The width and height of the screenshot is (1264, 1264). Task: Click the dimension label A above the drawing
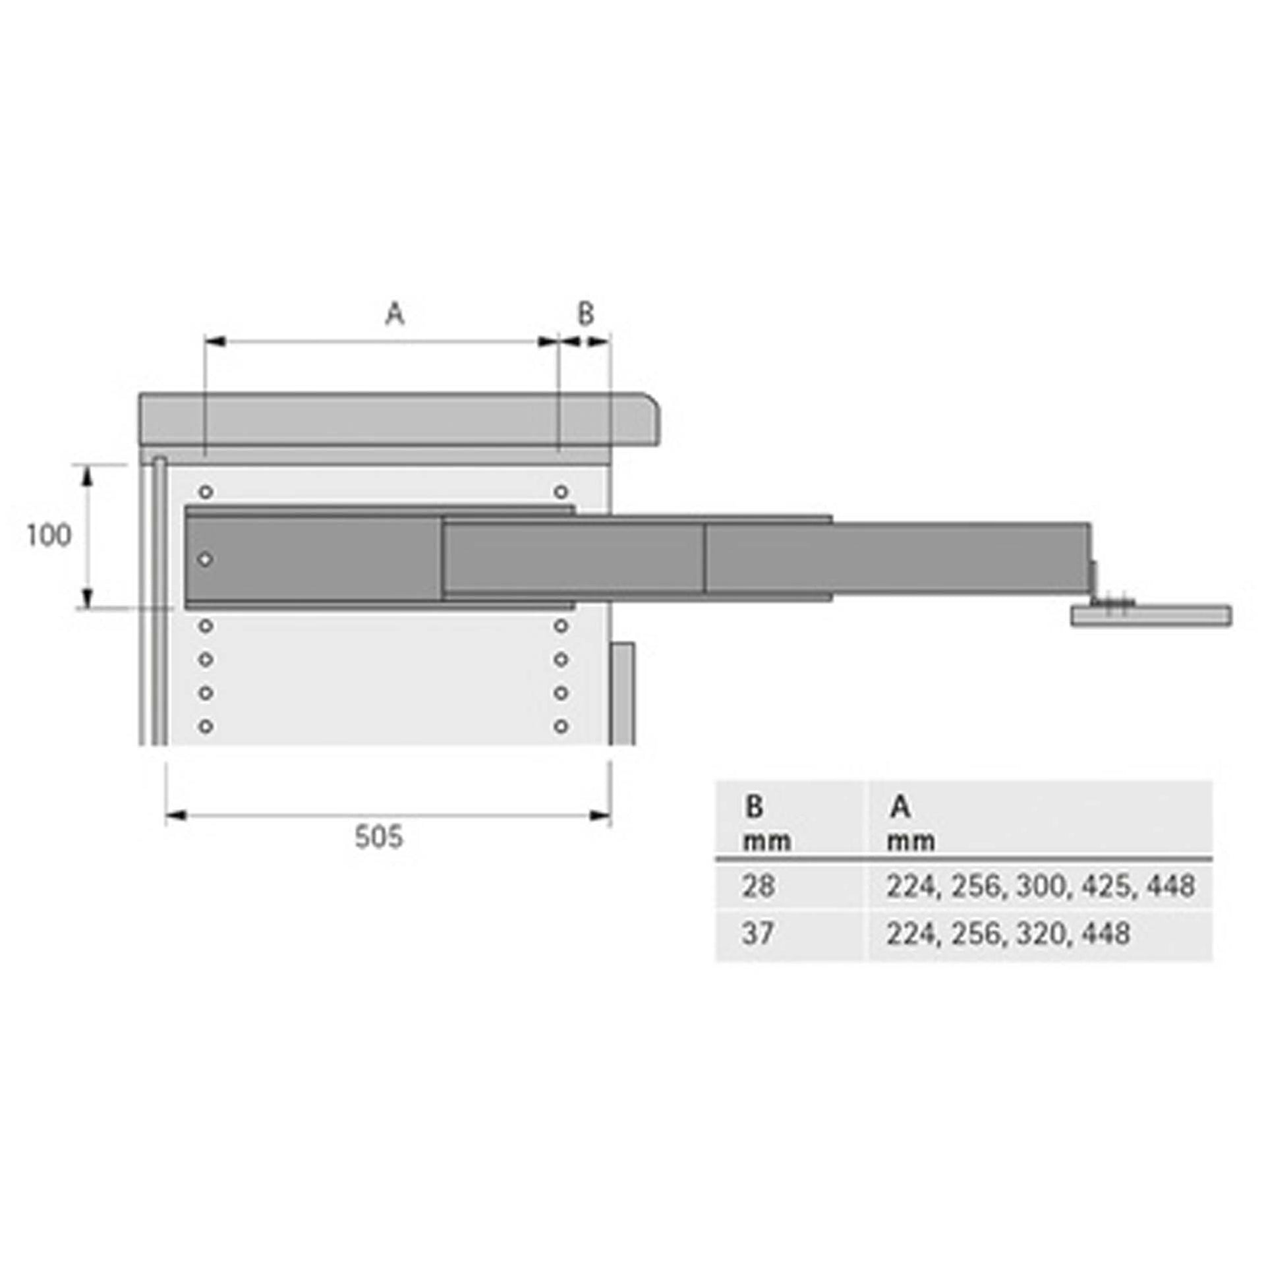tap(394, 314)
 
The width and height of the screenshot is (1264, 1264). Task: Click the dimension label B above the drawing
tap(585, 314)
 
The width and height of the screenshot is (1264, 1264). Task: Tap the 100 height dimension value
tap(48, 535)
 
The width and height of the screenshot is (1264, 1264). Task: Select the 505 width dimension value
tap(378, 838)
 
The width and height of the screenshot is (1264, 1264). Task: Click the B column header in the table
tap(755, 807)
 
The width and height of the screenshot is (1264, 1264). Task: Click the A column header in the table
tap(900, 807)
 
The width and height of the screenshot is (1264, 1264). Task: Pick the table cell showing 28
tap(758, 887)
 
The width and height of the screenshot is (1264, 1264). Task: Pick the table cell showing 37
tap(758, 934)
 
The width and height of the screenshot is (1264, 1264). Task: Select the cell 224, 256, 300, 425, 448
tap(1040, 887)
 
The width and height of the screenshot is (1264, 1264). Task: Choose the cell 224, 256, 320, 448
tap(1008, 934)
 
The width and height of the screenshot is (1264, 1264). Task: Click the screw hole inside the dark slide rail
tap(206, 560)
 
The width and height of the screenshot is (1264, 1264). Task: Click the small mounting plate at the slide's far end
tap(1150, 616)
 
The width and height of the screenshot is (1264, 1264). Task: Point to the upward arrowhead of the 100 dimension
tap(87, 476)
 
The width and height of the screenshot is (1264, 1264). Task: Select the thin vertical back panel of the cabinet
tap(159, 600)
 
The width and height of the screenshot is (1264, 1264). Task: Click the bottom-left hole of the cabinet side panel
tap(206, 727)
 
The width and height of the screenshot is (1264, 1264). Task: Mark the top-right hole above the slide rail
tap(561, 492)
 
